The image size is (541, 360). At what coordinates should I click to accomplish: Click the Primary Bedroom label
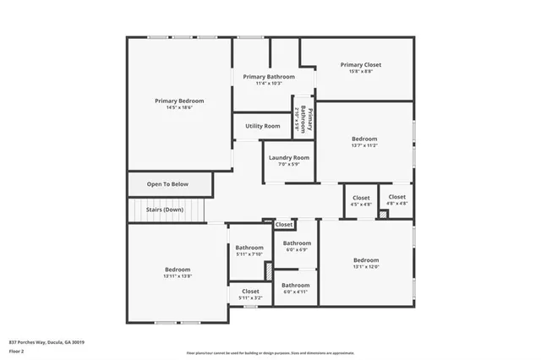[179, 101]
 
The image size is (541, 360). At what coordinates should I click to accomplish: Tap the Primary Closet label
[361, 64]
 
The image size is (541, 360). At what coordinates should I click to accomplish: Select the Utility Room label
[263, 126]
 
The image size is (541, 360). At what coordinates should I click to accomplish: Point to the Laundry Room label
[289, 157]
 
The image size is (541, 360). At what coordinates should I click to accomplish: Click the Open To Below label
[167, 183]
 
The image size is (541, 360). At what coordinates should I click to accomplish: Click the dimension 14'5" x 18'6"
[179, 108]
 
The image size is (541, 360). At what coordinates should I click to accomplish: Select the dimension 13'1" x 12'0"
[366, 267]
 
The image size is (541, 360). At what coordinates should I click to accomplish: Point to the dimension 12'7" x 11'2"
[364, 145]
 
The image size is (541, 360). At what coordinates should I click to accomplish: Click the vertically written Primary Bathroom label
[310, 123]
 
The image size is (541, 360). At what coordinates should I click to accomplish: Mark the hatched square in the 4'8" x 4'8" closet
[383, 215]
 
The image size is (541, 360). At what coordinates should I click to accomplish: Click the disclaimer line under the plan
[270, 353]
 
